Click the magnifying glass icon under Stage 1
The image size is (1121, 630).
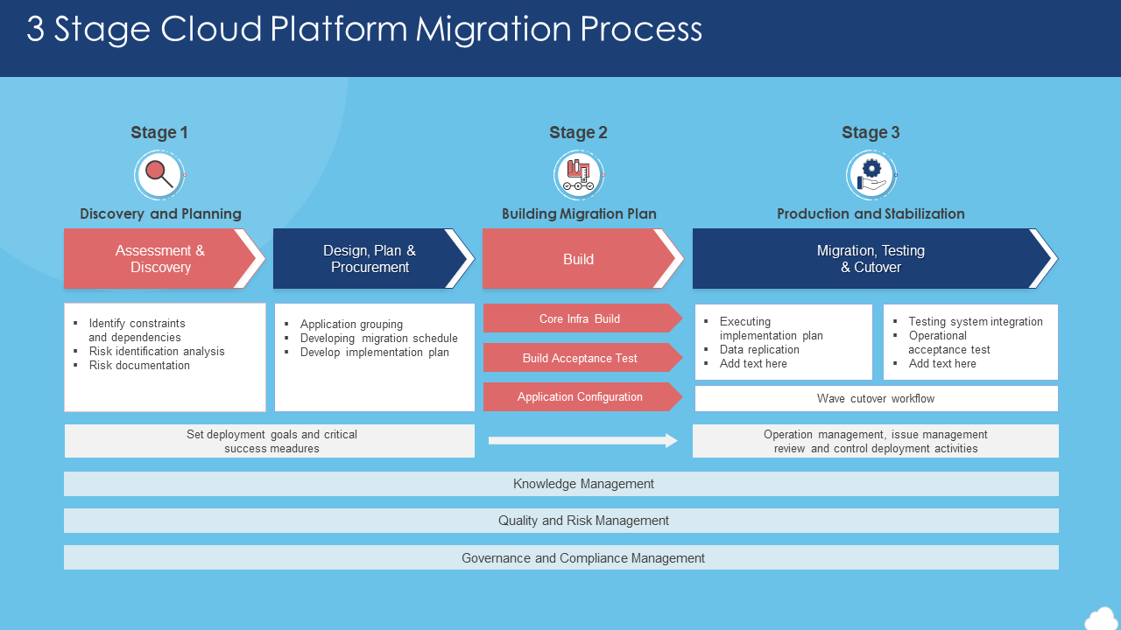[159, 175]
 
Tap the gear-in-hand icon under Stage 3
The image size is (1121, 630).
[871, 175]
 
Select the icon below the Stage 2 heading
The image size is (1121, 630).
[579, 175]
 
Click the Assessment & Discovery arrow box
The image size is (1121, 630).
[160, 259]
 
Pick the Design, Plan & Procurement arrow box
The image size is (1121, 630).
[370, 259]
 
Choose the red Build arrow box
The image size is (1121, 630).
[579, 259]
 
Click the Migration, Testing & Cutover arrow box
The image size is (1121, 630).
[871, 259]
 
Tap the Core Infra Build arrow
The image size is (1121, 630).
[580, 318]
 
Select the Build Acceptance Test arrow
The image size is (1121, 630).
[580, 358]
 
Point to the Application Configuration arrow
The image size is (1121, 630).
[580, 396]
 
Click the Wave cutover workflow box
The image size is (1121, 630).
[876, 398]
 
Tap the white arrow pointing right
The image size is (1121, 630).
[583, 440]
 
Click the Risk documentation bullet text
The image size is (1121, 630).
[139, 366]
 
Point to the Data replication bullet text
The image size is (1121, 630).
[759, 350]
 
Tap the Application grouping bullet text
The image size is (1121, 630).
[351, 325]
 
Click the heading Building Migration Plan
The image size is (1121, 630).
[579, 213]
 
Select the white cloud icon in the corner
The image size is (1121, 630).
[1101, 618]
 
